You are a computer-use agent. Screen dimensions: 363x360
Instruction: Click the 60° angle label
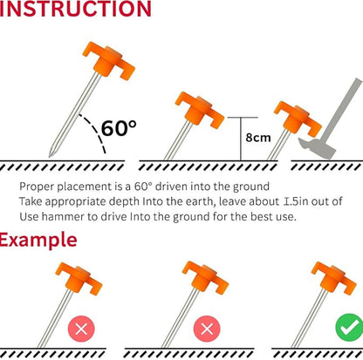click(x=119, y=128)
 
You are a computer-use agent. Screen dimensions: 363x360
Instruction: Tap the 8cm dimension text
click(x=258, y=138)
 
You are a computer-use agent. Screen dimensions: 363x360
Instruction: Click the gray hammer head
click(x=318, y=148)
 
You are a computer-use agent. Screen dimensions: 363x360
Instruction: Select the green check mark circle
click(x=349, y=328)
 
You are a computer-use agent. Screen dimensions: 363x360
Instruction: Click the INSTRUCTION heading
click(x=75, y=9)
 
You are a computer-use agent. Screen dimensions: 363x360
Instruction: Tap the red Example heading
click(x=38, y=240)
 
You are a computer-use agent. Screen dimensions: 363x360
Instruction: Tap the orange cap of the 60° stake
click(x=109, y=60)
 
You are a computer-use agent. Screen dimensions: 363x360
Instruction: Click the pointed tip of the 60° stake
click(x=51, y=155)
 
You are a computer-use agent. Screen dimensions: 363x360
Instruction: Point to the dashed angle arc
click(x=95, y=130)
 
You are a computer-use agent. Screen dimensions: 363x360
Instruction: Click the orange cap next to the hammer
click(x=298, y=119)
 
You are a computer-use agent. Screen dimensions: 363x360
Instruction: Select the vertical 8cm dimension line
click(x=241, y=139)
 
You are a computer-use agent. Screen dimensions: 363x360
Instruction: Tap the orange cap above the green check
click(x=334, y=278)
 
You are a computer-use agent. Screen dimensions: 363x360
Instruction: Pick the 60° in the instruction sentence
click(x=143, y=187)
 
